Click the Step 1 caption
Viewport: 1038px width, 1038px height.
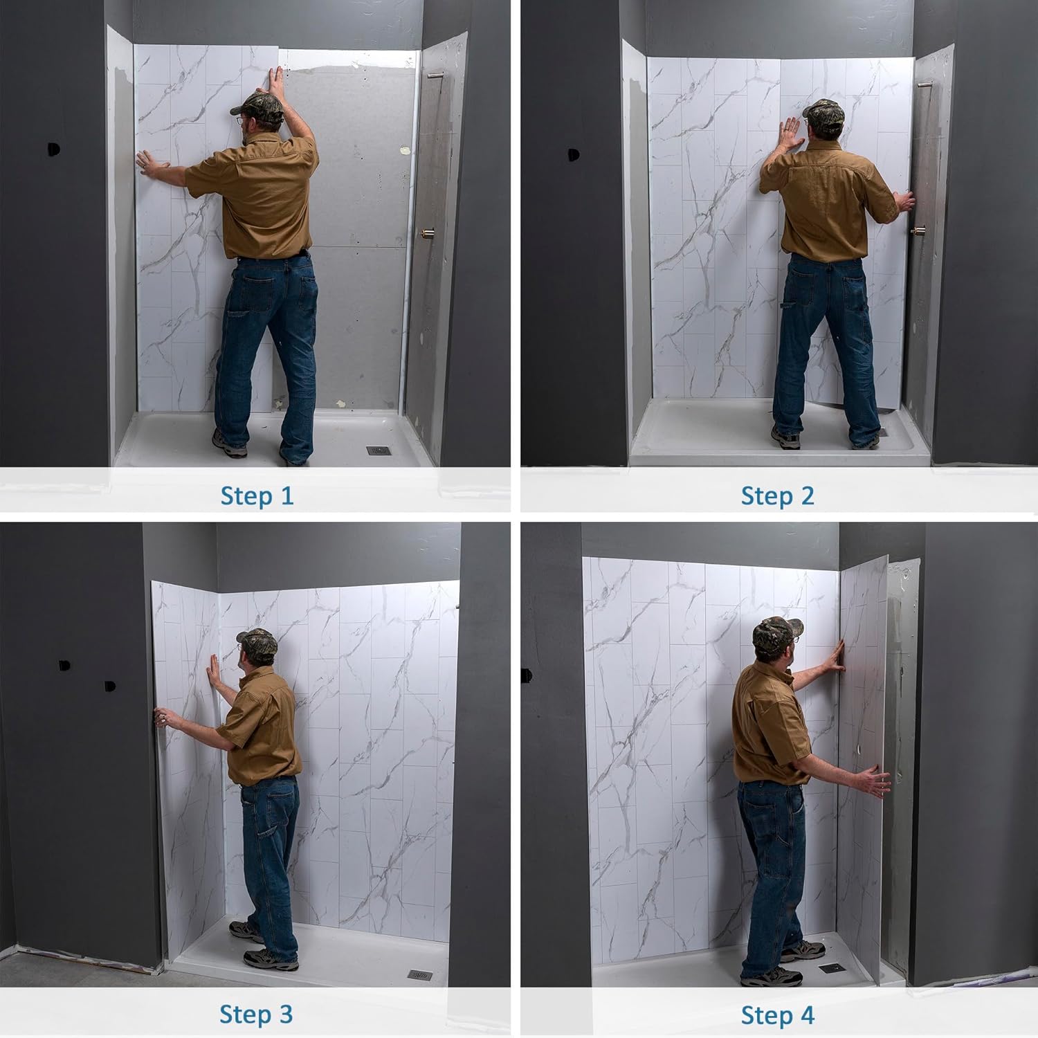257,495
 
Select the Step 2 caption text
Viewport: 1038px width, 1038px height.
777,495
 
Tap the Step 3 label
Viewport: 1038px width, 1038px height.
256,1014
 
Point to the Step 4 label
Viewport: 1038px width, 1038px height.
777,1015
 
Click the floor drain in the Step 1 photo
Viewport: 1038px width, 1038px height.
378,450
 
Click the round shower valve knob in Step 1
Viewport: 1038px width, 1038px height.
427,233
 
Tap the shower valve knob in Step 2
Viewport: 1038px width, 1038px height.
920,230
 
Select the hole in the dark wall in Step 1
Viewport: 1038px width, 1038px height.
54,149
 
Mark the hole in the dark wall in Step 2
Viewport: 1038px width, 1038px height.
574,155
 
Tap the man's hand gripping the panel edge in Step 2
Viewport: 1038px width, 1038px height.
904,202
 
